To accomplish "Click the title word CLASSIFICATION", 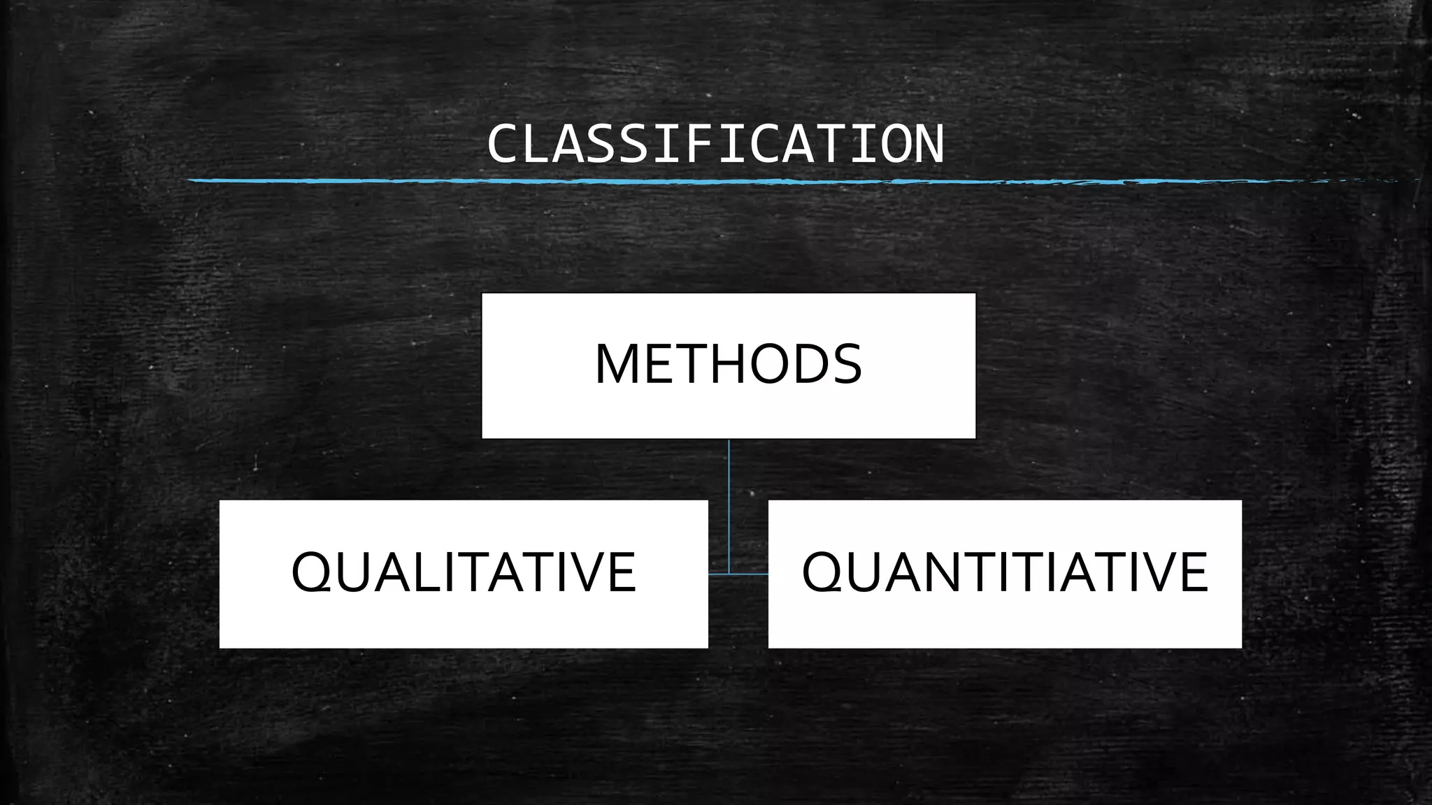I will click(x=715, y=145).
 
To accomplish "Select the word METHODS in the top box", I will click(x=728, y=364).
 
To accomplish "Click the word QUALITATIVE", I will click(x=464, y=572).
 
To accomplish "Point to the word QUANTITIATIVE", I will click(x=1005, y=572).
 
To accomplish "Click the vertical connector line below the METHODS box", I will click(x=729, y=503).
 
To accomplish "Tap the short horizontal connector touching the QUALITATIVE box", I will click(x=718, y=574).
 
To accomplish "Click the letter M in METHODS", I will click(x=617, y=364).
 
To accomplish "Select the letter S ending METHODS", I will click(x=846, y=364).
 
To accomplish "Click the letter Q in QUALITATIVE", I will click(x=311, y=573).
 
